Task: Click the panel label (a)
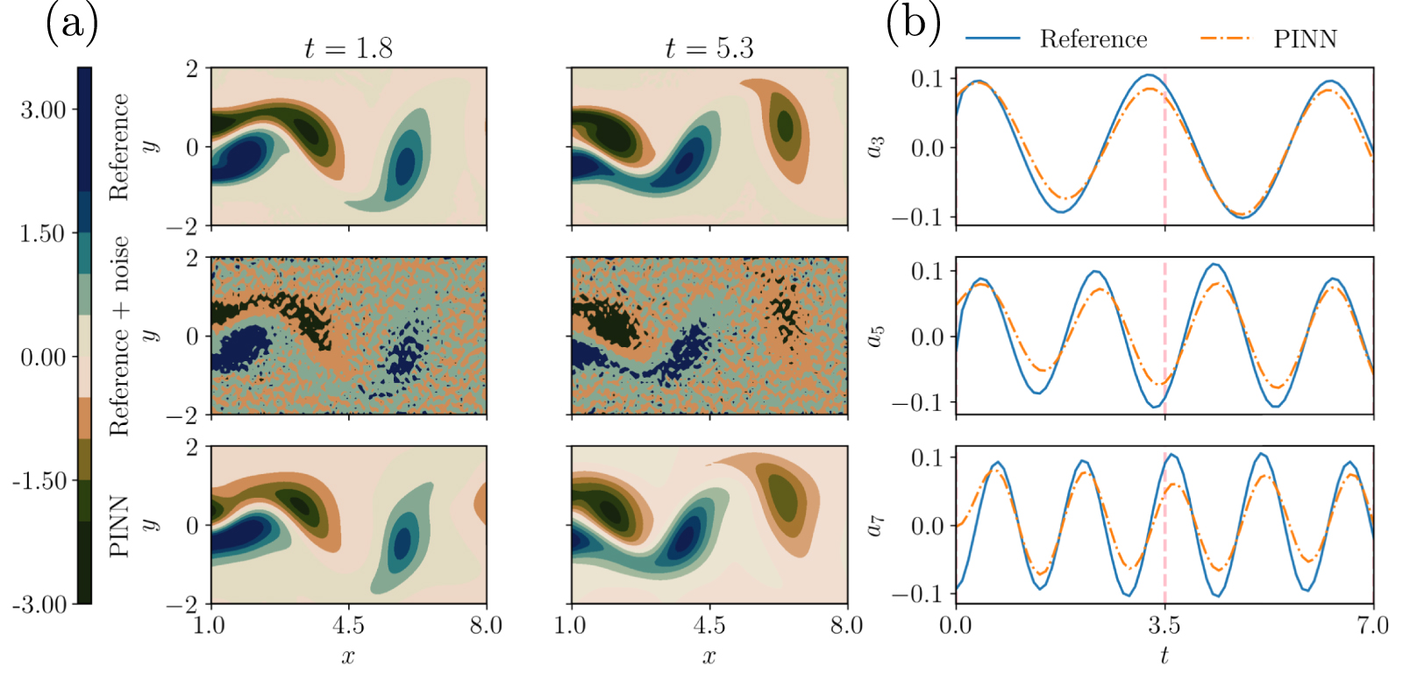tap(71, 23)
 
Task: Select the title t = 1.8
tap(348, 48)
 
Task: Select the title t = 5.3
tap(709, 48)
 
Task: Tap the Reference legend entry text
tap(1093, 39)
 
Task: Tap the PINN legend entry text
tap(1304, 39)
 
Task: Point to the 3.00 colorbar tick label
tap(43, 110)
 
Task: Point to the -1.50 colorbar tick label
tap(39, 480)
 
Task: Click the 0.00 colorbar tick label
tap(43, 357)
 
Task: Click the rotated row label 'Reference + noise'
tap(119, 336)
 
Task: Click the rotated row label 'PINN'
tap(119, 526)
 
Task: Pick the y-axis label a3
tap(875, 146)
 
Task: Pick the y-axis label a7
tap(875, 525)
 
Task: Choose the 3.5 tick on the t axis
tap(1164, 625)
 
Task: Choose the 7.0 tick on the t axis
tap(1372, 625)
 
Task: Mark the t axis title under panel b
tap(1164, 656)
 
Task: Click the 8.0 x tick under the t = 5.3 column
tap(846, 625)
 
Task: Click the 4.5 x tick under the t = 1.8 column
tap(348, 625)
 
